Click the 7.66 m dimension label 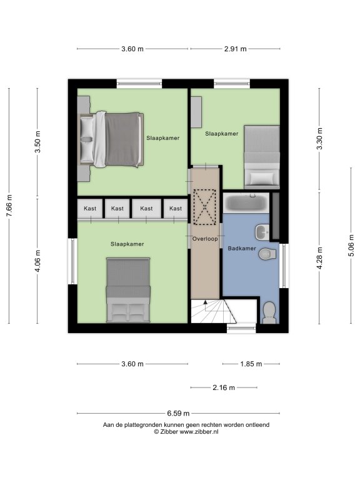pos(9,206)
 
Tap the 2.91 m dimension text pos(235,49)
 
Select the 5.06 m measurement pos(351,246)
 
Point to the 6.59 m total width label pos(178,413)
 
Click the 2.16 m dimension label pos(224,387)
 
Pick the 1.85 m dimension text pos(251,364)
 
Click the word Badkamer pos(242,248)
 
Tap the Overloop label pos(205,239)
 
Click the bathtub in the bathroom pos(246,202)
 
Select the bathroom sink pos(262,232)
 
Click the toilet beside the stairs pos(269,312)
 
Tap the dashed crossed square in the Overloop pos(205,207)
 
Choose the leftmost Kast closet pos(90,209)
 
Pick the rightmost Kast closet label pos(176,209)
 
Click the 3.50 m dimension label pos(37,142)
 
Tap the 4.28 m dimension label pos(319,258)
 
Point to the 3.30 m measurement pos(319,139)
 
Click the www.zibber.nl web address pos(199,432)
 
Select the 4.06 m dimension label pos(37,261)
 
